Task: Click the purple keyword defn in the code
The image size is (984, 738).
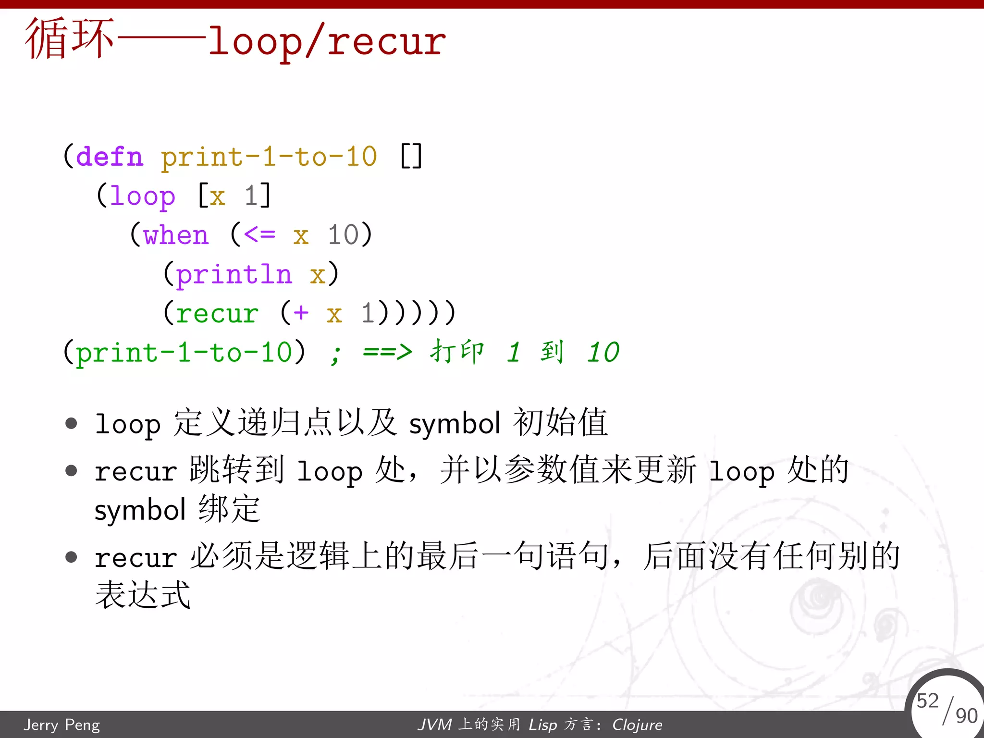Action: coord(110,157)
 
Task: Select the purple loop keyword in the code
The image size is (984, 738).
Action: coord(143,197)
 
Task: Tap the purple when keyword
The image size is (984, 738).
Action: coord(176,235)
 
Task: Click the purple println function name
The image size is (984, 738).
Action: coord(234,275)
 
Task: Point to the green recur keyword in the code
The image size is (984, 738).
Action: coord(217,314)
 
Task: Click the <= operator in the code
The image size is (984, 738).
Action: coord(259,235)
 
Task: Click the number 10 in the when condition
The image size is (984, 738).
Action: coord(343,235)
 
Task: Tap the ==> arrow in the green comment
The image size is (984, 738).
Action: coord(387,352)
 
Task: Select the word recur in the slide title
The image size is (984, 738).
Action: coord(387,42)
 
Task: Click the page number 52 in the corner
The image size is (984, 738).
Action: coord(927,701)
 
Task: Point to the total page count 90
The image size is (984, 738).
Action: coord(966,716)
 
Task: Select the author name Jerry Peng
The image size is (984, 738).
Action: coord(62,725)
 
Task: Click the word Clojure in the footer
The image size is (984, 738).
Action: coord(637,725)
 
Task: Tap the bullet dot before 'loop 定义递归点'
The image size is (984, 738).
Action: coord(72,423)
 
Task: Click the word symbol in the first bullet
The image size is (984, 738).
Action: coord(455,424)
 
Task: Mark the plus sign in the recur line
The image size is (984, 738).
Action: coord(301,313)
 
